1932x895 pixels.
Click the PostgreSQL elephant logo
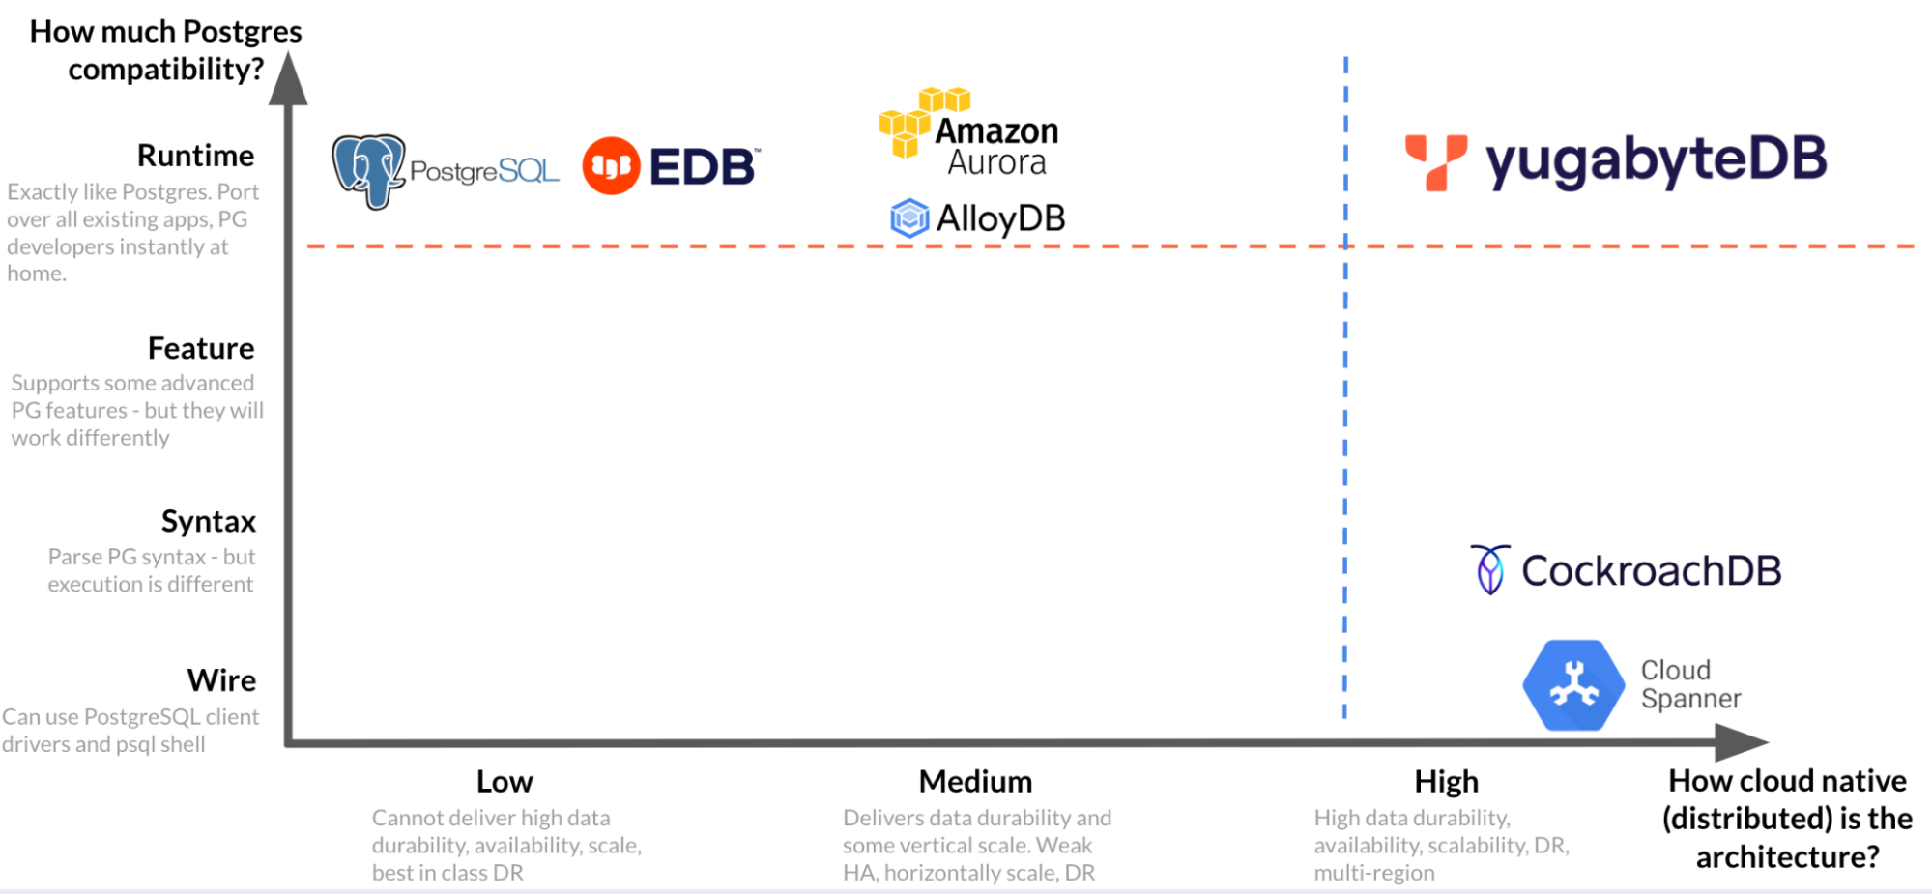(x=368, y=171)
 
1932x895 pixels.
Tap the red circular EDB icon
(x=611, y=166)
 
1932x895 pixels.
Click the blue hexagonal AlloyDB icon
(x=909, y=218)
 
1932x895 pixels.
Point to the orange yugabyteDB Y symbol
(x=1435, y=161)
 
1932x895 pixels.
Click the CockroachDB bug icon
(x=1489, y=569)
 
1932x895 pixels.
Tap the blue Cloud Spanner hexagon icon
(x=1573, y=685)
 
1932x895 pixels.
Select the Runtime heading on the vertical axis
(x=195, y=156)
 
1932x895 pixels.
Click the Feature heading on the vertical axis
(x=201, y=348)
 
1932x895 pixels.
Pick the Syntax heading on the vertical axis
(x=209, y=522)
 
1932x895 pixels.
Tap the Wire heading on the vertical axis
(x=222, y=680)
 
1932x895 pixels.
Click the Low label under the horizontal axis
(x=505, y=781)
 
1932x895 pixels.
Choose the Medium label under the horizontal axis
(x=975, y=781)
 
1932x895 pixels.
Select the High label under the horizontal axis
(x=1447, y=781)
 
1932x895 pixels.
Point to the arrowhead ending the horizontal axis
(x=1742, y=742)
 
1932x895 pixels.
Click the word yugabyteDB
(x=1656, y=161)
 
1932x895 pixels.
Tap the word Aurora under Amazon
(x=996, y=162)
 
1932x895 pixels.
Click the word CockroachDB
(x=1651, y=570)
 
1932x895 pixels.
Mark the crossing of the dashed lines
(x=1345, y=246)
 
